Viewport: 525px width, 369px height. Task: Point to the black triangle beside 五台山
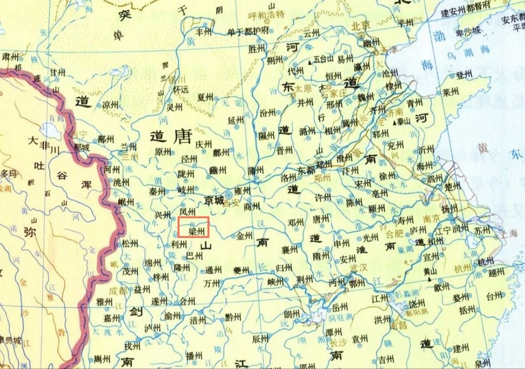[310, 62]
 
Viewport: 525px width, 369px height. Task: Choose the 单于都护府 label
[248, 32]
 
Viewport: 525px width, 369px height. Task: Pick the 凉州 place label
[111, 105]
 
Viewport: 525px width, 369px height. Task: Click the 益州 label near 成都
[142, 290]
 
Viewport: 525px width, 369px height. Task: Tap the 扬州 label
[450, 208]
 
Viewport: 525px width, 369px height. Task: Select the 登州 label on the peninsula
[464, 75]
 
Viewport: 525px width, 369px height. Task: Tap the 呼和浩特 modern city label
[266, 15]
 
